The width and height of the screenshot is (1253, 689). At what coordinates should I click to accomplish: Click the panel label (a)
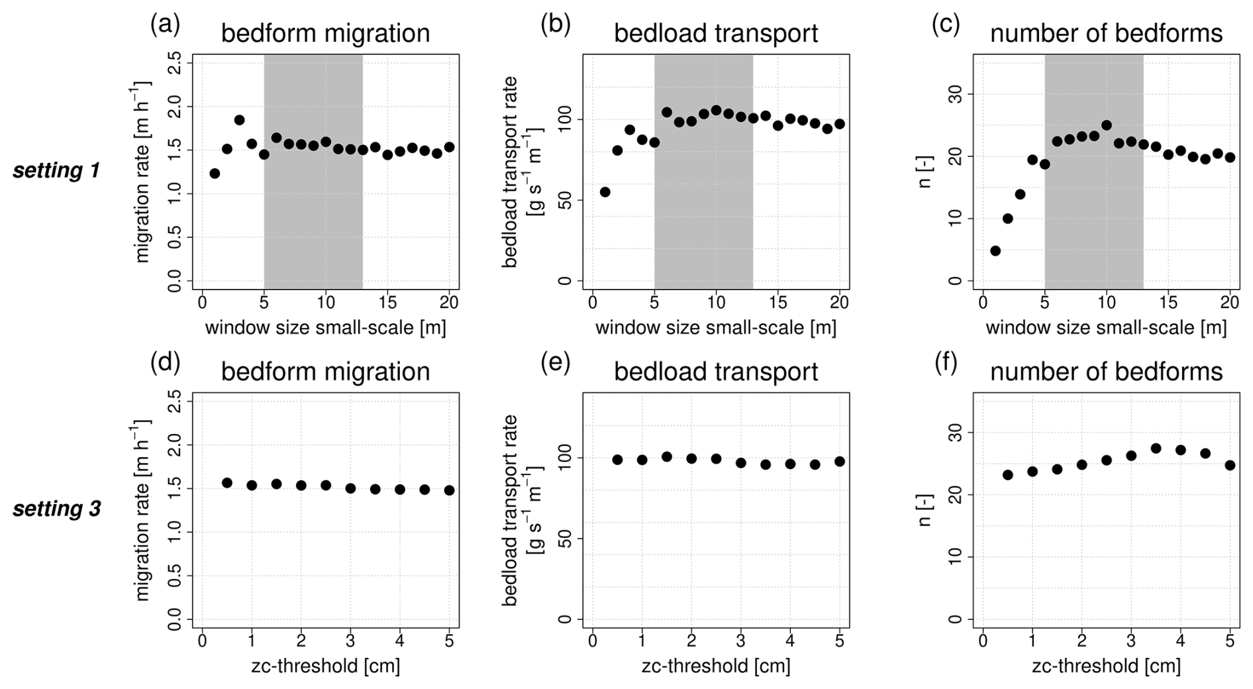point(165,25)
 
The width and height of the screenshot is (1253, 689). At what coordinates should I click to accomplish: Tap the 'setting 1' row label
point(56,170)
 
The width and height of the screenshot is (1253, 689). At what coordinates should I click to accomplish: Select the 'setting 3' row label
point(57,509)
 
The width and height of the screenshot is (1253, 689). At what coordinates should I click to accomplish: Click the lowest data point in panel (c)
point(995,250)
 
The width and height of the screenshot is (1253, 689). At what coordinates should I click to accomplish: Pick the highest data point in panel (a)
point(239,120)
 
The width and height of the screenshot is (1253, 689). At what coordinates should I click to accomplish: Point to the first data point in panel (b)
point(605,192)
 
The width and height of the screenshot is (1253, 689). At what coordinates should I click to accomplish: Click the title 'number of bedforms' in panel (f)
point(1106,372)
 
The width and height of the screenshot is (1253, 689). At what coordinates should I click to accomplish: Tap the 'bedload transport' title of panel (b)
point(716,33)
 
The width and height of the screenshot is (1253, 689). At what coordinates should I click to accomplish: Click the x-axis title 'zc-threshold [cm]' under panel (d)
point(325,665)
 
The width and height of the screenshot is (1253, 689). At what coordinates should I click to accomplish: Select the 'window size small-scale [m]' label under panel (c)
point(1106,327)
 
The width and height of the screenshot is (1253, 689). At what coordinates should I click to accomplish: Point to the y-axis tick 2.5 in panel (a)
point(175,64)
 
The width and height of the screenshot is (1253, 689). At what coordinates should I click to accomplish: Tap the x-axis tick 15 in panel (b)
point(778,302)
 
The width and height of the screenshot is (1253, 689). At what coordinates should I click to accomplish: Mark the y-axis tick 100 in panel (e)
point(565,458)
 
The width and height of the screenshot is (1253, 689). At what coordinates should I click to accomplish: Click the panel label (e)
point(555,363)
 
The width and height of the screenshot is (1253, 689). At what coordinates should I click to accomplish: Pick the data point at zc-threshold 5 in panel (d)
point(450,490)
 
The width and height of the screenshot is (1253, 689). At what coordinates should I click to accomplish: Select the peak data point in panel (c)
point(1106,125)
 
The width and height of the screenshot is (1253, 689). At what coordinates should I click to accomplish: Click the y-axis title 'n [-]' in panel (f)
point(926,511)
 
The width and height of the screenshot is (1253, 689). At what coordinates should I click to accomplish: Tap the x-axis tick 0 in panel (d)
point(202,641)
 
